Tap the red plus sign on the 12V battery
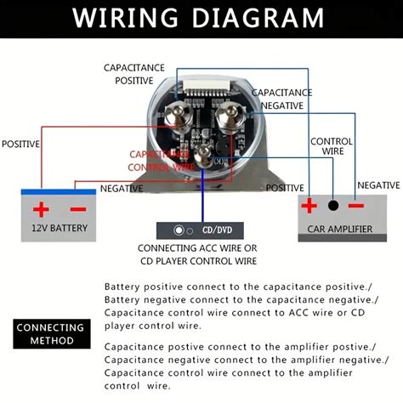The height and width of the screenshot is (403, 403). (x=41, y=209)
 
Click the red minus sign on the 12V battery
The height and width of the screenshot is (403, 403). (x=77, y=209)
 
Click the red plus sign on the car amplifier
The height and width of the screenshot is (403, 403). (x=309, y=206)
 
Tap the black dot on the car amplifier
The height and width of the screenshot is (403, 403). (x=333, y=206)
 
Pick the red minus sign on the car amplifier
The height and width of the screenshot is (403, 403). (x=356, y=206)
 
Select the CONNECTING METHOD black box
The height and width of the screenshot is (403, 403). (x=51, y=334)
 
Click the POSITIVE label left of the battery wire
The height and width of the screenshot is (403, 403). (x=20, y=145)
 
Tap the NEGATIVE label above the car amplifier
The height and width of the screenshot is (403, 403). (x=377, y=184)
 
